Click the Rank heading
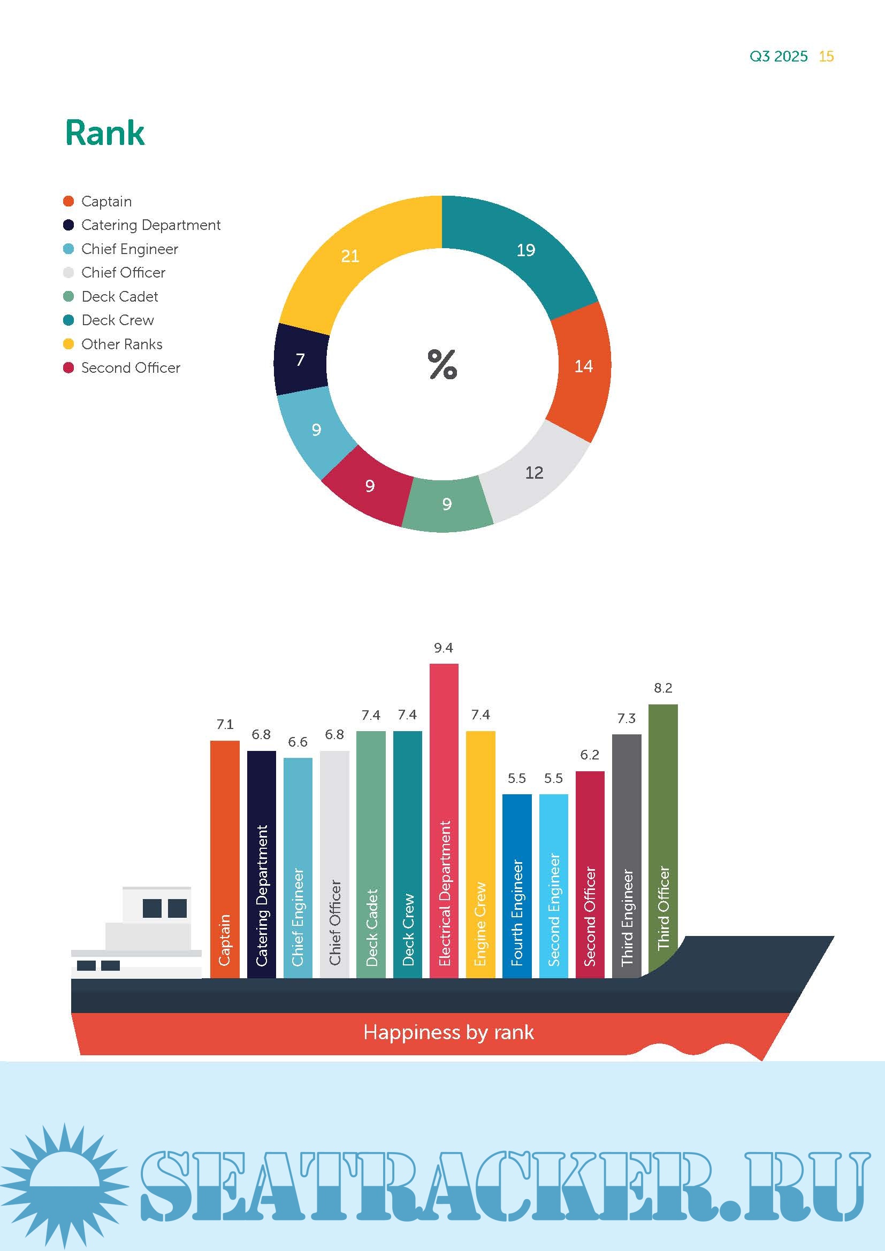click(x=105, y=133)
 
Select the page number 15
click(x=826, y=57)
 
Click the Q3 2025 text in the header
click(x=778, y=57)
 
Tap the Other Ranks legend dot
click(x=68, y=344)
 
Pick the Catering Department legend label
click(x=150, y=225)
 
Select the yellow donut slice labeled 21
click(x=350, y=256)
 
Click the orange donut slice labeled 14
click(x=583, y=366)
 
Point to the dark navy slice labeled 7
click(x=301, y=359)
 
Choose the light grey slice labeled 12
click(x=534, y=472)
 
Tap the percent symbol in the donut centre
click(x=442, y=365)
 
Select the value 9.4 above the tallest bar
click(x=443, y=648)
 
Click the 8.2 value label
click(x=662, y=688)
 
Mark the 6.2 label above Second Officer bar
click(x=590, y=755)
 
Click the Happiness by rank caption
click(x=448, y=1032)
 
